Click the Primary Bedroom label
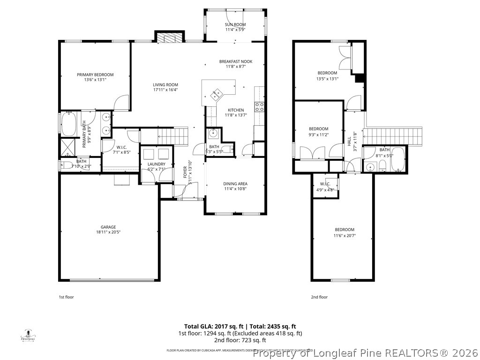pyautogui.click(x=95, y=75)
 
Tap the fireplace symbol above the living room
pyautogui.click(x=168, y=38)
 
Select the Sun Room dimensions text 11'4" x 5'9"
pyautogui.click(x=235, y=30)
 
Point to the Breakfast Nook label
pyautogui.click(x=235, y=61)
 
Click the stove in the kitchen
pyautogui.click(x=259, y=106)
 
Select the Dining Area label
pyautogui.click(x=235, y=184)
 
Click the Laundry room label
pyautogui.click(x=157, y=164)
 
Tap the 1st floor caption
pyautogui.click(x=66, y=297)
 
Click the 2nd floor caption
pyautogui.click(x=319, y=297)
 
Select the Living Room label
pyautogui.click(x=165, y=85)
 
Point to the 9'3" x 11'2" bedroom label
pyautogui.click(x=318, y=129)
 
